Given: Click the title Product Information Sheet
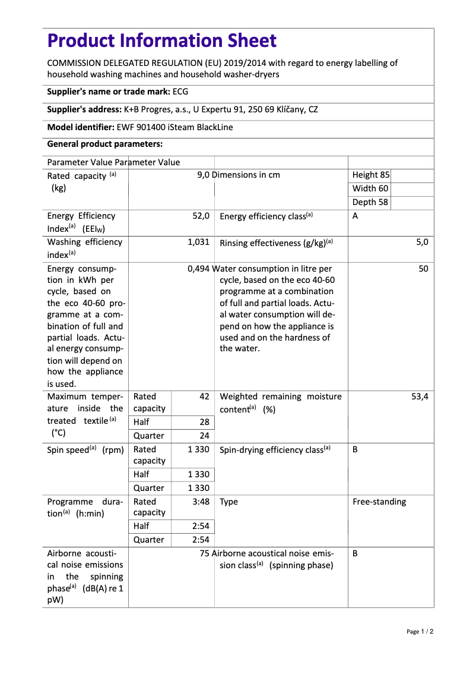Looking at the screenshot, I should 161,40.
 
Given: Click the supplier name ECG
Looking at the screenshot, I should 180,92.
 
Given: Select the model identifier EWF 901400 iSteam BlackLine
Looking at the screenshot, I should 174,127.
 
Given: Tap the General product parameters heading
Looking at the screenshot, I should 104,144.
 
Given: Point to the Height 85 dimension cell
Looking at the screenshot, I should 371,175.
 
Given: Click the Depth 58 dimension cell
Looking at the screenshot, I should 370,202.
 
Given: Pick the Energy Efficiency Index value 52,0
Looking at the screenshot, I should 201,216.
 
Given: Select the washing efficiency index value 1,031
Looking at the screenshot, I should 199,242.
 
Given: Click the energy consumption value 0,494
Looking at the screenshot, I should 198,269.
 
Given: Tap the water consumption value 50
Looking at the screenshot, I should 423,269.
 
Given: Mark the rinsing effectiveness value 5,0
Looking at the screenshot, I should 422,242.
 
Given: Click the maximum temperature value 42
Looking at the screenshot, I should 204,396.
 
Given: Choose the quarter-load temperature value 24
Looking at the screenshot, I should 204,436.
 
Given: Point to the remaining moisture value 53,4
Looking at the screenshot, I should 420,396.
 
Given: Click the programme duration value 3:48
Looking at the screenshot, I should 201,502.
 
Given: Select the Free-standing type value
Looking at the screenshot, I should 379,502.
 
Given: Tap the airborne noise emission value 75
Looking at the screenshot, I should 204,553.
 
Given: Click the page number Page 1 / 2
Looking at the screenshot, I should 420,631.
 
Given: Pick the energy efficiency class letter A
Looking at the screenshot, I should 355,216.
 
